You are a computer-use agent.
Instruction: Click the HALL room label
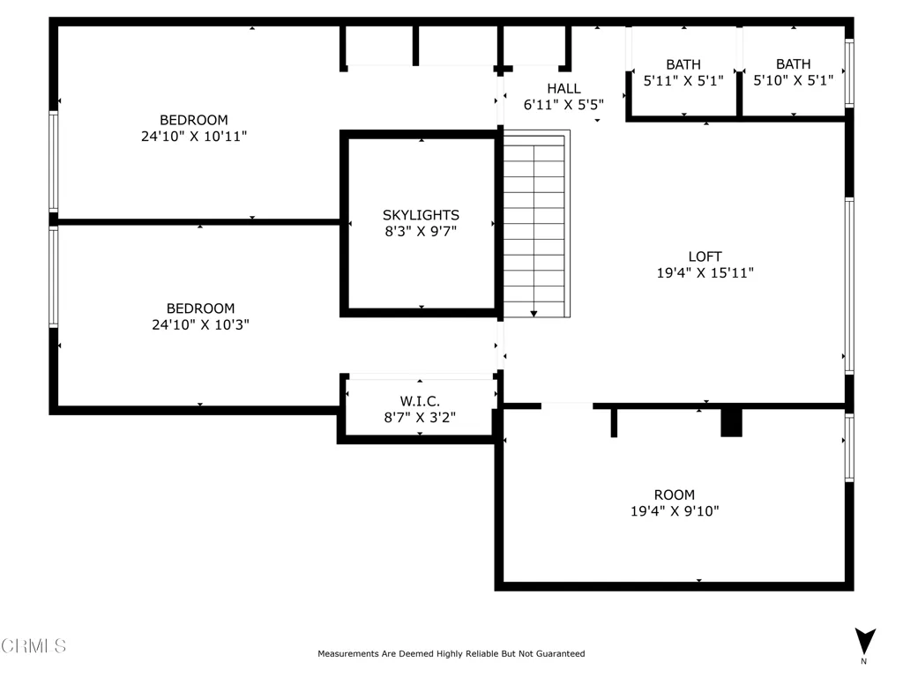(563, 89)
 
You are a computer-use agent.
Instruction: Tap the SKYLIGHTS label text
(421, 215)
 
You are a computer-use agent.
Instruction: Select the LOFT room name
(705, 257)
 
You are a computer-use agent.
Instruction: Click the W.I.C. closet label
(420, 401)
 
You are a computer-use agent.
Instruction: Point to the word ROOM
(675, 495)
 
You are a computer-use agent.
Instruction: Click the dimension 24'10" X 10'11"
(194, 137)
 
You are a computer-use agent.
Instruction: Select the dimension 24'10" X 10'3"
(200, 324)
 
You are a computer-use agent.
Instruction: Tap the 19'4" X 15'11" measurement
(705, 273)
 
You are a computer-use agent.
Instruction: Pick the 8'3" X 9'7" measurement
(421, 232)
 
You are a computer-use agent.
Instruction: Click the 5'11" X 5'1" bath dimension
(683, 80)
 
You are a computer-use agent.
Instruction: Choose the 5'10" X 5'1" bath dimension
(794, 80)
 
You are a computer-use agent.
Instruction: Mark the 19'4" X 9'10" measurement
(675, 511)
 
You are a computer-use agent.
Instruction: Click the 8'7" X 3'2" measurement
(420, 417)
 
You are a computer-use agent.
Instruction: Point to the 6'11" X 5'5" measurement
(563, 105)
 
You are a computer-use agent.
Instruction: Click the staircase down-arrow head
(534, 314)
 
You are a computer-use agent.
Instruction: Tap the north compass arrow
(865, 641)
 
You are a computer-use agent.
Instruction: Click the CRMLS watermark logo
(34, 646)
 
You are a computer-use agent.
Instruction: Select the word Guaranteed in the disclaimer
(560, 653)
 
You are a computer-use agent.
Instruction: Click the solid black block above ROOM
(731, 423)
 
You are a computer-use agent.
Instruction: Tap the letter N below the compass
(864, 661)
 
